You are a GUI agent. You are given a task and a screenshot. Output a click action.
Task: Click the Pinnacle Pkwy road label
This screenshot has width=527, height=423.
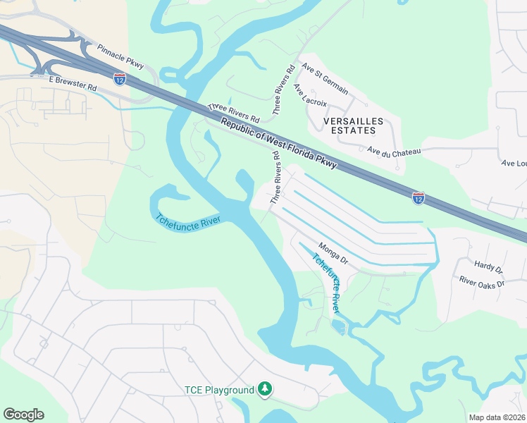(120, 56)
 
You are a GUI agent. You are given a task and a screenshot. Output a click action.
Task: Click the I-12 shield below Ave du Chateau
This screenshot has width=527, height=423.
(418, 198)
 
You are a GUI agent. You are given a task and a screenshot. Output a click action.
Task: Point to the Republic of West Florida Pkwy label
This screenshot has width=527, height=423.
(278, 145)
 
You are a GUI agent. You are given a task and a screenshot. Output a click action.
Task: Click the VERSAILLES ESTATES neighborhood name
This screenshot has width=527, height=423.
(353, 126)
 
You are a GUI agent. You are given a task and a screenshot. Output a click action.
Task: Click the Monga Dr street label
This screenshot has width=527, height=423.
(333, 254)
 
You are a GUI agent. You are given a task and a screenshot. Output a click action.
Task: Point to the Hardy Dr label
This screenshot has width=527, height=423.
(488, 268)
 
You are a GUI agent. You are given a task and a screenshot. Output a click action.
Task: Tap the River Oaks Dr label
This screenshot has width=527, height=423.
(482, 283)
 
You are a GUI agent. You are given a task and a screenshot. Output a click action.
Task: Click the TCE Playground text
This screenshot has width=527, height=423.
(218, 390)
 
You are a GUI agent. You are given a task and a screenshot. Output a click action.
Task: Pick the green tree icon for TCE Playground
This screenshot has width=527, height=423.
(265, 388)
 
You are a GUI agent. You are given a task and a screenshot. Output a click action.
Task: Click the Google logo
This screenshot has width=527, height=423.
(23, 415)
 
